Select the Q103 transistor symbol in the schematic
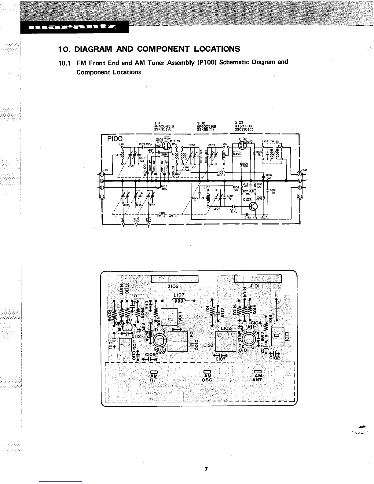tap(253, 207)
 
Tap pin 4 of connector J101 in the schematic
tap(102, 174)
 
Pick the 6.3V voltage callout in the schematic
tap(236, 154)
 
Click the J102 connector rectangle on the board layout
tap(175, 279)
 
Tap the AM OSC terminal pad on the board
tap(207, 372)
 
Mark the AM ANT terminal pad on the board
tap(258, 372)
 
